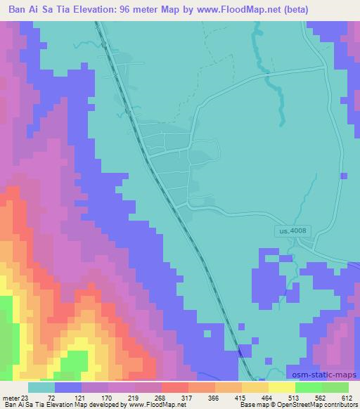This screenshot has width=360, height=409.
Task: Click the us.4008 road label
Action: pyautogui.click(x=290, y=231)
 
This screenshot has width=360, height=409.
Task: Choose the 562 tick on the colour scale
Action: pyautogui.click(x=309, y=397)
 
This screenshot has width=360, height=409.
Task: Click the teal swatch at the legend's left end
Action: pyautogui.click(x=41, y=387)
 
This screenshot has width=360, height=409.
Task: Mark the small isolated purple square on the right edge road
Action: pyautogui.click(x=342, y=176)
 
